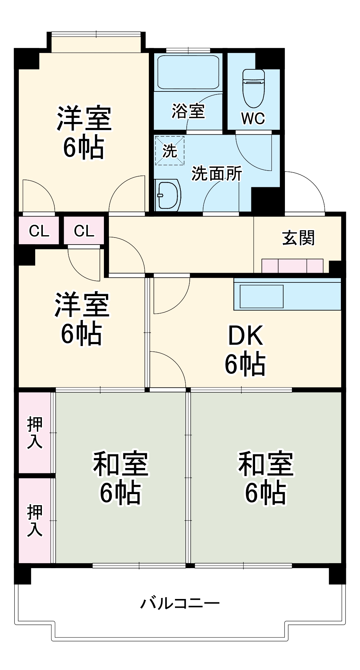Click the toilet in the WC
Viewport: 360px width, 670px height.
(x=253, y=88)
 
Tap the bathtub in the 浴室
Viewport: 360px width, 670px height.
(x=188, y=72)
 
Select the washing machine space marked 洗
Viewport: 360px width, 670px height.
(x=170, y=151)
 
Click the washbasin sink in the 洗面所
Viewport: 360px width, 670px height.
(x=167, y=195)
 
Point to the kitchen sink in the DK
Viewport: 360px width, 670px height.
(x=261, y=296)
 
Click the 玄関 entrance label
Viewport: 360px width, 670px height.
(x=298, y=238)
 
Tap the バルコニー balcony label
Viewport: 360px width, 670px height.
(x=180, y=603)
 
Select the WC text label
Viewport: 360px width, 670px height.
(x=253, y=118)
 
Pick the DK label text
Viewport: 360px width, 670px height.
(x=246, y=335)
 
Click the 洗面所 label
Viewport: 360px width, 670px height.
(x=217, y=174)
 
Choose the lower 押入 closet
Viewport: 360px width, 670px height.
(x=35, y=520)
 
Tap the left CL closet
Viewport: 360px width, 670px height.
(x=39, y=231)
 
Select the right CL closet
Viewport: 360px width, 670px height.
(x=84, y=231)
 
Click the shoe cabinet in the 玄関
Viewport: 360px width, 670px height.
(x=292, y=266)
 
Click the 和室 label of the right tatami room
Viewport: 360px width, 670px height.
(x=266, y=464)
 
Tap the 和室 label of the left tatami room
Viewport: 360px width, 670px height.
(x=121, y=464)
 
